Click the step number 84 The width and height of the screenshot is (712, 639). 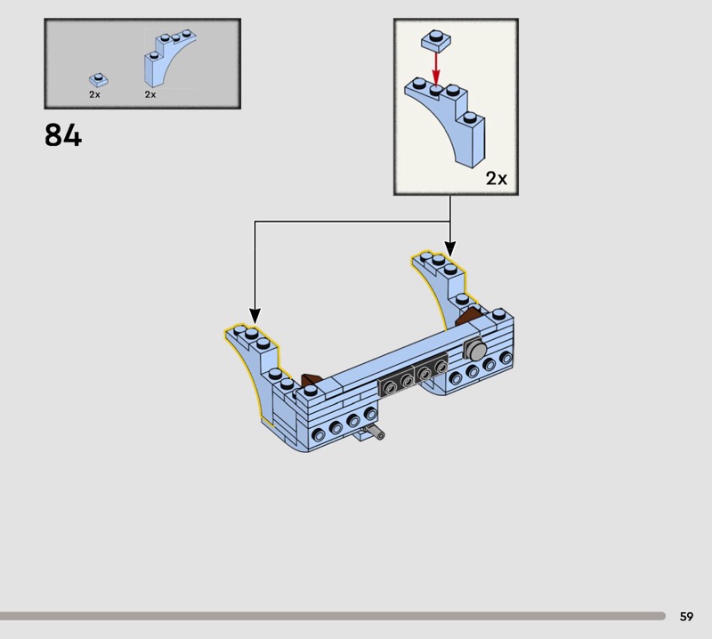tap(62, 135)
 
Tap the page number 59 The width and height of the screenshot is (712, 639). tap(686, 616)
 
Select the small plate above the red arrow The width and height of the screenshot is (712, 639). tap(434, 39)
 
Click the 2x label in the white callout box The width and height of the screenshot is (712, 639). tap(496, 179)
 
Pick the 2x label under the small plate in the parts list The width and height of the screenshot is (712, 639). tap(94, 94)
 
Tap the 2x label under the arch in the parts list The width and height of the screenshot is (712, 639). tap(150, 94)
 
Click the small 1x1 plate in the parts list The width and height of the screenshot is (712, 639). tap(98, 80)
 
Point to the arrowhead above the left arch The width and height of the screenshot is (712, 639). tap(255, 316)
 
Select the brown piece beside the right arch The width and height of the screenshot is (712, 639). tap(468, 315)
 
